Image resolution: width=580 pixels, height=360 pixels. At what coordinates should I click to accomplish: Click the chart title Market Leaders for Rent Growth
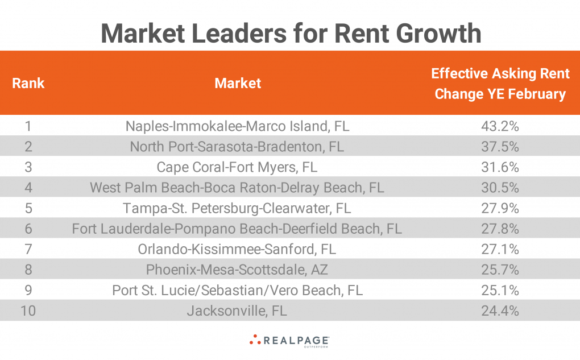tap(291, 34)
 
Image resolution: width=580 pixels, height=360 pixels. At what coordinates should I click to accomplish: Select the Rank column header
tap(28, 84)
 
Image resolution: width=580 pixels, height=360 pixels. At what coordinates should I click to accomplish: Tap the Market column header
tap(238, 84)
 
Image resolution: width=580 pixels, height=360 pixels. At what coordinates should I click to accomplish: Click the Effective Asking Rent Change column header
tap(500, 84)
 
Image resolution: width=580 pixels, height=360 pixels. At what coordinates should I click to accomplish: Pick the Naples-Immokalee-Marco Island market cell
tap(238, 126)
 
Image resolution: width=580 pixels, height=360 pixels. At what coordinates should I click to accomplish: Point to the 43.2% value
tap(500, 126)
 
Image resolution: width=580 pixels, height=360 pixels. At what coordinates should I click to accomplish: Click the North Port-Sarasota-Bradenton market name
tap(238, 147)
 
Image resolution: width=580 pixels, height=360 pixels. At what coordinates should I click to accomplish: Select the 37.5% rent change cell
tap(500, 147)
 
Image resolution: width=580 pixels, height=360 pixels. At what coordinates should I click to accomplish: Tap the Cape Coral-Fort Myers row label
tap(238, 167)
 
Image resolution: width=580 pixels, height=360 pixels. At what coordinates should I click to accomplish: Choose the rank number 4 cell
tap(28, 188)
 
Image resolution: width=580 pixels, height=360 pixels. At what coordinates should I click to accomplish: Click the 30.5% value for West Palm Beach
tap(500, 188)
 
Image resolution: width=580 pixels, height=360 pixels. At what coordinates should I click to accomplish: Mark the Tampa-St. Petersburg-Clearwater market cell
tap(238, 208)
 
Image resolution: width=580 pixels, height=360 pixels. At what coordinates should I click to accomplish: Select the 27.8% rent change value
tap(500, 229)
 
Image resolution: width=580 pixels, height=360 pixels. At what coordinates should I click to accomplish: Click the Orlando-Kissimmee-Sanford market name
tap(238, 249)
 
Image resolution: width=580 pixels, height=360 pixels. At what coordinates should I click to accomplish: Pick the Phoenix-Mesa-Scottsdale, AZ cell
tap(238, 270)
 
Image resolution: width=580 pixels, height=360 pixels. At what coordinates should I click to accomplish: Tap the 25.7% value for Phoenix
tap(500, 270)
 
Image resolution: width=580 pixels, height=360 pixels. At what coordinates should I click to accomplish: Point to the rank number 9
tap(28, 290)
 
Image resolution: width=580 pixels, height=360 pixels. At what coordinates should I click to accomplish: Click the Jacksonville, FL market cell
tap(238, 311)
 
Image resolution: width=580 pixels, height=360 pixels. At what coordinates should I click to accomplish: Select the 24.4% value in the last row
tap(500, 311)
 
